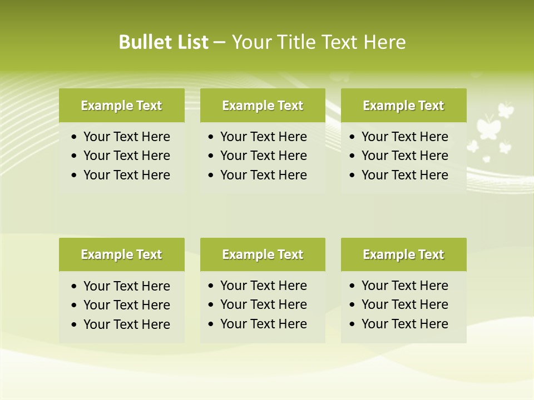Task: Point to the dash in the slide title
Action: [219, 42]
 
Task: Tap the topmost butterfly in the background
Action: [505, 109]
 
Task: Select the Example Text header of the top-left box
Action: [121, 106]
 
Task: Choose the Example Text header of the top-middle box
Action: [263, 106]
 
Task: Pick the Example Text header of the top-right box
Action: [403, 106]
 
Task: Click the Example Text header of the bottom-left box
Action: [121, 254]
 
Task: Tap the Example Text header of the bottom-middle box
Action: [263, 254]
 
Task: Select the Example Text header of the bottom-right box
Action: [403, 254]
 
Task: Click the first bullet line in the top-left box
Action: [126, 137]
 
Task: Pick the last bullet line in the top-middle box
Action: [263, 175]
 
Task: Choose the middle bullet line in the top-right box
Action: [404, 156]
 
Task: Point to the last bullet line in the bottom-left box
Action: [126, 324]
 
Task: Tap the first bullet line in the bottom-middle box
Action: [263, 286]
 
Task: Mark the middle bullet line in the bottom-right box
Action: [404, 304]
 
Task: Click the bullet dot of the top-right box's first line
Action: [353, 137]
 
